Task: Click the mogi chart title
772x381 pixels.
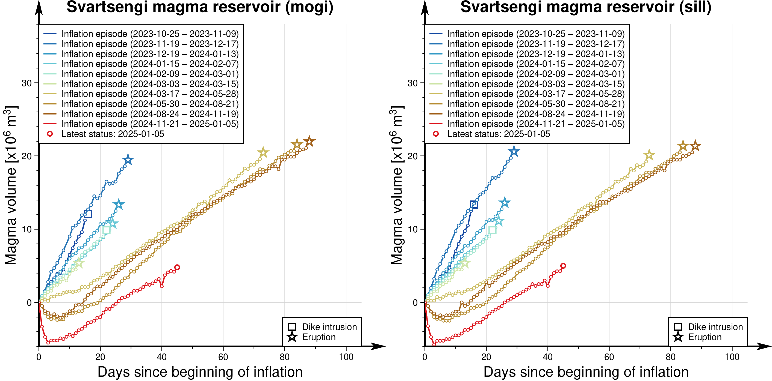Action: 200,7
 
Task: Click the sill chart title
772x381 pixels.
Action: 586,7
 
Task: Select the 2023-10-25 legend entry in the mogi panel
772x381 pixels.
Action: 150,34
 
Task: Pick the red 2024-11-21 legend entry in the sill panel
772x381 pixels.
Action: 536,124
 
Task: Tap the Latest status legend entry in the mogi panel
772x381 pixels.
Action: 113,134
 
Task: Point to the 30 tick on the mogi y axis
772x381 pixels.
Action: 27,83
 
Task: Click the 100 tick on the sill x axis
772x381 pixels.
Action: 732,357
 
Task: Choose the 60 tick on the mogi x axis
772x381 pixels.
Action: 223,357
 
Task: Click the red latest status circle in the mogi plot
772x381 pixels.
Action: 177,267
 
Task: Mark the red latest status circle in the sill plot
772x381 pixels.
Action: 563,266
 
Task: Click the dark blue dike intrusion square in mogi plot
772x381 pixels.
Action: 88,214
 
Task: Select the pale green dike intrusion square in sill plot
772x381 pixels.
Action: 492,230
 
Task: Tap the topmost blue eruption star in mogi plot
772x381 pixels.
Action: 128,160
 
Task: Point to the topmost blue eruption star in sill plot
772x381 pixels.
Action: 514,151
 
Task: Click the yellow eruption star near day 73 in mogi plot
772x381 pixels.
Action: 263,153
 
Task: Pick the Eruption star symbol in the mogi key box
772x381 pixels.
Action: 292,337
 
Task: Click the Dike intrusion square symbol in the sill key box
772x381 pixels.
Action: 678,327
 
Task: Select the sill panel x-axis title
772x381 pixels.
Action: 586,372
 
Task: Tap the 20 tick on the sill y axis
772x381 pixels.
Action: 413,156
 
